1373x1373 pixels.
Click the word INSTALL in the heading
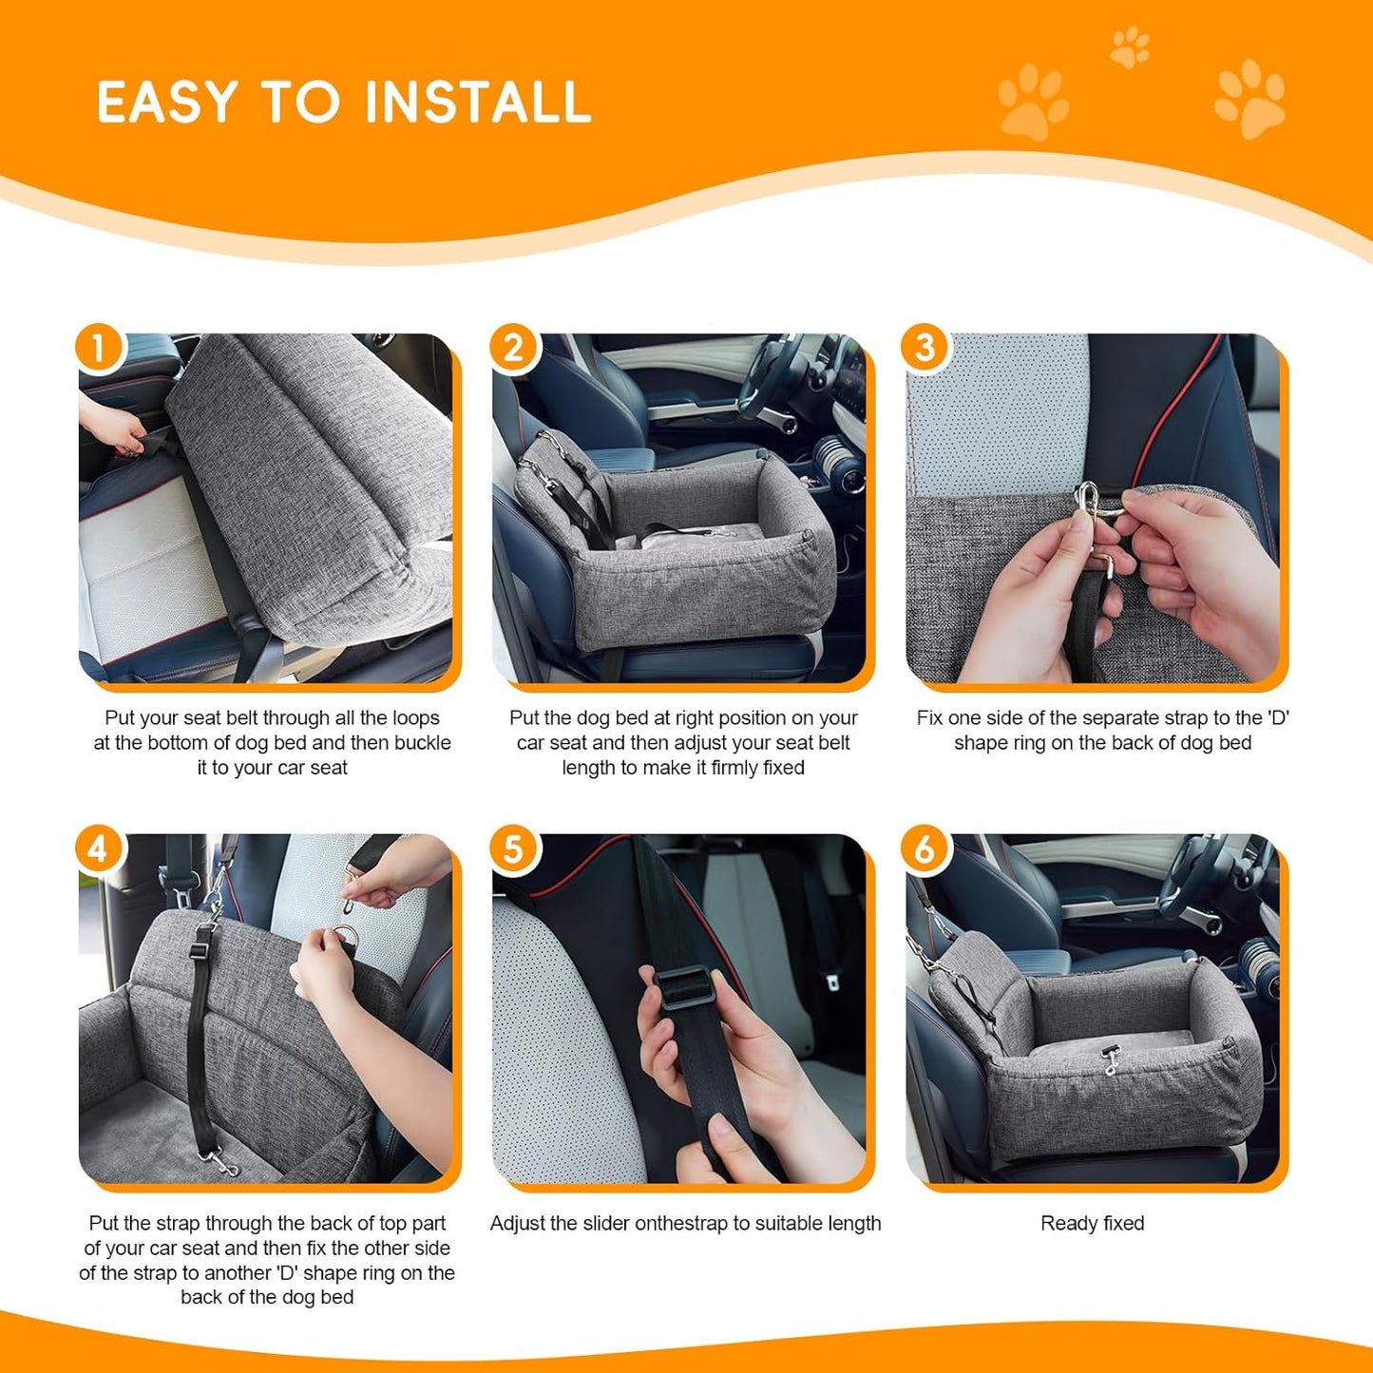(478, 103)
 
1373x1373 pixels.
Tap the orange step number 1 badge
(99, 349)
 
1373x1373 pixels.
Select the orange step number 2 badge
(513, 349)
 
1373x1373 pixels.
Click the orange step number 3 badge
(925, 349)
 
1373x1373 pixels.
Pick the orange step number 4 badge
(99, 849)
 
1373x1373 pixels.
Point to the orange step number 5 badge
(513, 849)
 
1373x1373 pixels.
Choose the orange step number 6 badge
(925, 849)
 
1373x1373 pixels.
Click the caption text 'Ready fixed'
(1092, 1224)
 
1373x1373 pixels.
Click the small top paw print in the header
(1130, 48)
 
